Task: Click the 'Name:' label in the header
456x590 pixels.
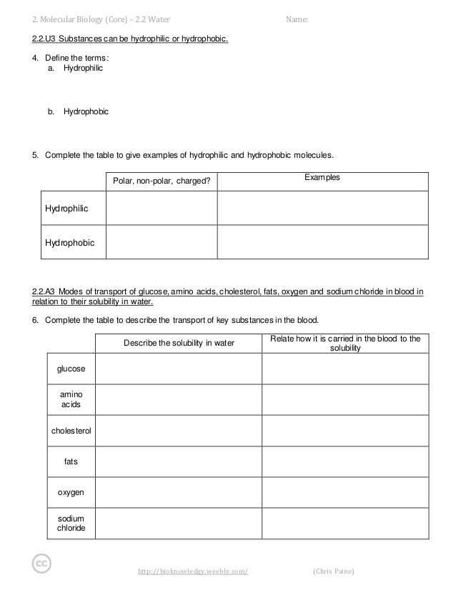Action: tap(297, 19)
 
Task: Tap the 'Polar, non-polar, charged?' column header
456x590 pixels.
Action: tap(162, 181)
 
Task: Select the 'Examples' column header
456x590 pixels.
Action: tap(322, 177)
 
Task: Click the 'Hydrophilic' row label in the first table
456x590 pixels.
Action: tap(66, 209)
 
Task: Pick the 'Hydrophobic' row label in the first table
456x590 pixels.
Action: tap(69, 243)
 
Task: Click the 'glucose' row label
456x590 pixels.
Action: tap(71, 369)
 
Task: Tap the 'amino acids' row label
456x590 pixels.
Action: tap(71, 399)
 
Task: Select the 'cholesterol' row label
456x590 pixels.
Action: tap(71, 431)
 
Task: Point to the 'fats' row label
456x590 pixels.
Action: tap(71, 461)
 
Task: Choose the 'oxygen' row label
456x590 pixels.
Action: tap(71, 492)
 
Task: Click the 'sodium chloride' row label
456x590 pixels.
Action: tap(71, 524)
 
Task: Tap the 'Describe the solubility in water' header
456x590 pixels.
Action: tap(179, 343)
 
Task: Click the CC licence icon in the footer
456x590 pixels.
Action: tap(41, 564)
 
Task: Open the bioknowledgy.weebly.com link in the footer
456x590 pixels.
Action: tap(192, 571)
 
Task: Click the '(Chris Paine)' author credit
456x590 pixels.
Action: tap(333, 571)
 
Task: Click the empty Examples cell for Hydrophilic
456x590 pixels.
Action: tap(322, 209)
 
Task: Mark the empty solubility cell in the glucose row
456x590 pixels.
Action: tap(179, 369)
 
